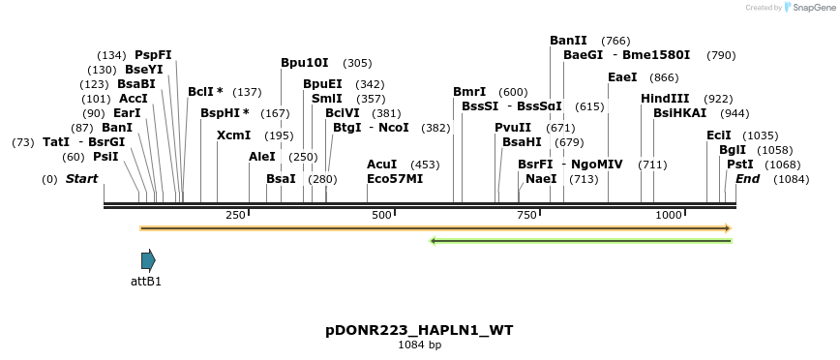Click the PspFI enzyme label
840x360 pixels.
pos(153,55)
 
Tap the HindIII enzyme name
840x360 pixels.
pos(665,99)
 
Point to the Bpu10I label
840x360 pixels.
pos(305,63)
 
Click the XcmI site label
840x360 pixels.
pos(233,135)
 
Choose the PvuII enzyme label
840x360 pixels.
pos(513,128)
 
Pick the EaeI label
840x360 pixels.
pos(622,77)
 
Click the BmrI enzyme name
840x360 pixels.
pos(469,92)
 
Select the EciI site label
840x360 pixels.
pos(719,135)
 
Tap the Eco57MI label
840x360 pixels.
pos(395,179)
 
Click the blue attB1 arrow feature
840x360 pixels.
pos(148,260)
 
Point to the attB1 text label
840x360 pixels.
pos(146,282)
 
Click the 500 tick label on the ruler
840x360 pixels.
pos(381,215)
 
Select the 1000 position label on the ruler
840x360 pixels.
pos(669,215)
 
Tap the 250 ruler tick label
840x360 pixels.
pos(235,215)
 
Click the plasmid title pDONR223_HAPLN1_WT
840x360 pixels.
pos(419,330)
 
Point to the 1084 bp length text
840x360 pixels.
pos(419,345)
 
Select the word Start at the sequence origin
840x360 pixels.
pos(81,179)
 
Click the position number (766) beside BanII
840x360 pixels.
pos(615,41)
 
